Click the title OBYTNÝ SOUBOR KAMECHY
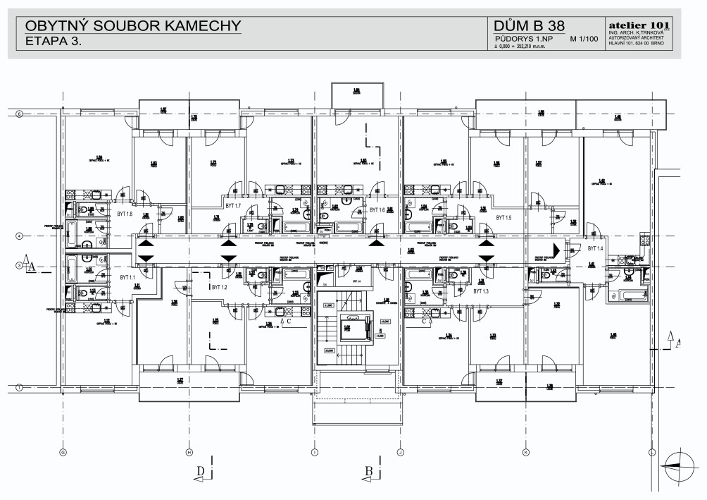pos(133,27)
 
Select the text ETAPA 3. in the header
pos(54,42)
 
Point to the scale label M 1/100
pos(584,40)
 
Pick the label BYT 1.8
pos(125,213)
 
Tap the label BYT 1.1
pos(127,277)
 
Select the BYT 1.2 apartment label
pos(219,288)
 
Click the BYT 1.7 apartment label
pos(232,205)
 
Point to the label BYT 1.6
pos(377,210)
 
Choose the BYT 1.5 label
pos(503,217)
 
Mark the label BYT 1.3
pos(481,291)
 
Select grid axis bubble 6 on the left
pos(20,114)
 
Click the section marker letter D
pos(201,470)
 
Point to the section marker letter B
pos(368,470)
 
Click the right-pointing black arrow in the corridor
pos(556,248)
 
